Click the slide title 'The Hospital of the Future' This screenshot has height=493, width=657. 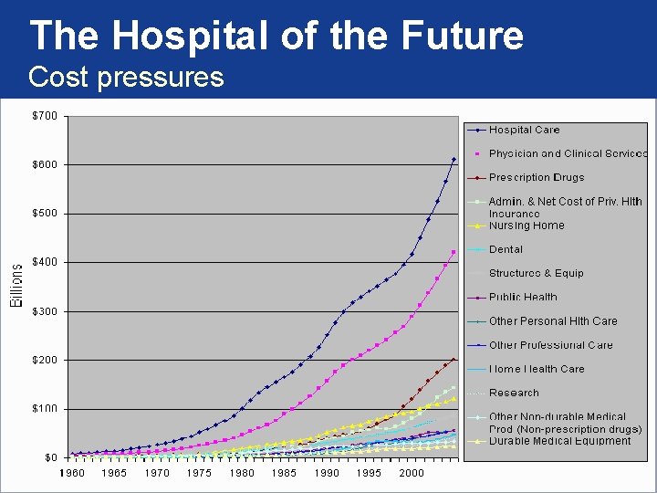276,36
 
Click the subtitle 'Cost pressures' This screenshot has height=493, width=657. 126,77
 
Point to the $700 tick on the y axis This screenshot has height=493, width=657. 46,116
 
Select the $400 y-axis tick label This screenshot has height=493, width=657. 46,262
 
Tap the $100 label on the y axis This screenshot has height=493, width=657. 46,408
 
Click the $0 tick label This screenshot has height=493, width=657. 51,457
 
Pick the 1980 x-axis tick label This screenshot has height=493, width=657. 241,474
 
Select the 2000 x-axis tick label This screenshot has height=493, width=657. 412,474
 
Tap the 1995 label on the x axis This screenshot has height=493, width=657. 369,474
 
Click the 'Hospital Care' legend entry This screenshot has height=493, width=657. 524,130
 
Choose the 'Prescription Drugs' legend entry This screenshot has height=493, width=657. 536,177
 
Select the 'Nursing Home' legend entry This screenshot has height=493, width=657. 527,226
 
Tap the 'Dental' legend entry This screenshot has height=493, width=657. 506,249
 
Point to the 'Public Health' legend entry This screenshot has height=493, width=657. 523,297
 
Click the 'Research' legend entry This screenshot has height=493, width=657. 514,393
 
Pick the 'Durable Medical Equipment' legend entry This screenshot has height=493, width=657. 559,441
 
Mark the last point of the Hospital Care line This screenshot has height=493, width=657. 454,160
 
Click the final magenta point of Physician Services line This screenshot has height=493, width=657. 454,252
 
